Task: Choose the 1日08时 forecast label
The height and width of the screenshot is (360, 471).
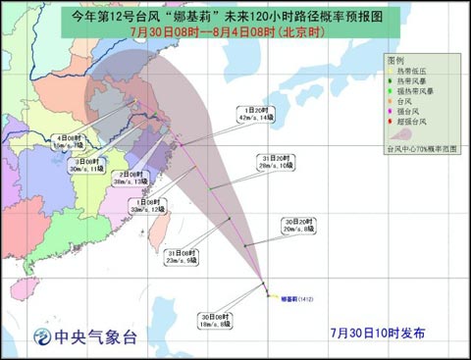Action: click(x=148, y=204)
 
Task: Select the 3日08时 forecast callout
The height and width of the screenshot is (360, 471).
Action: click(x=84, y=165)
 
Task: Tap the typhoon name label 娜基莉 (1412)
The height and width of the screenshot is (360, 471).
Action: click(x=296, y=296)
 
